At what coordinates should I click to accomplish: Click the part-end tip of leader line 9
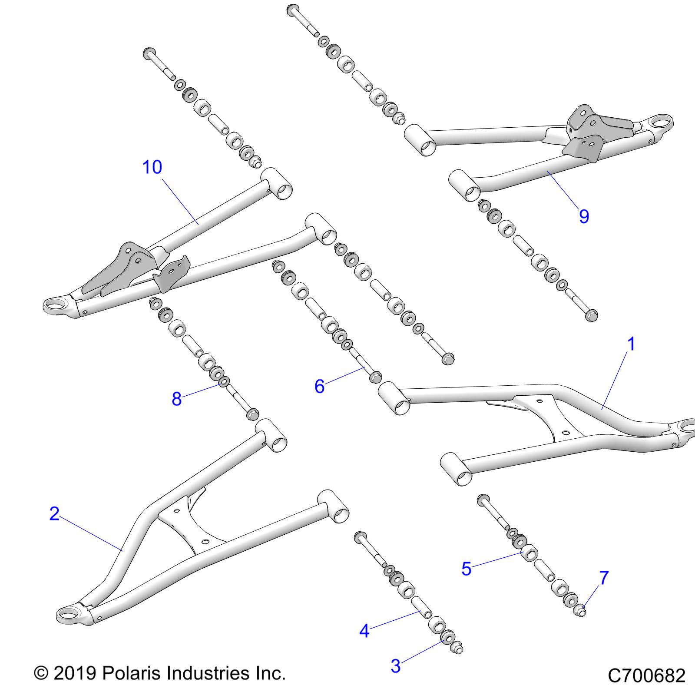[x=548, y=172]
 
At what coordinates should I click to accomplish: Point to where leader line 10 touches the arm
[x=198, y=223]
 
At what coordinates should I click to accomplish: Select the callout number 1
[x=632, y=344]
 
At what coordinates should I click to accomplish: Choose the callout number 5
[x=466, y=569]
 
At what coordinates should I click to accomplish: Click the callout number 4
[x=364, y=631]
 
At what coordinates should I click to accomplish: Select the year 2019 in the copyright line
[x=74, y=674]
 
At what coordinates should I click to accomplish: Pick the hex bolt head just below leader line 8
[x=252, y=415]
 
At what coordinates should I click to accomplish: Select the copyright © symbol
[x=41, y=674]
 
